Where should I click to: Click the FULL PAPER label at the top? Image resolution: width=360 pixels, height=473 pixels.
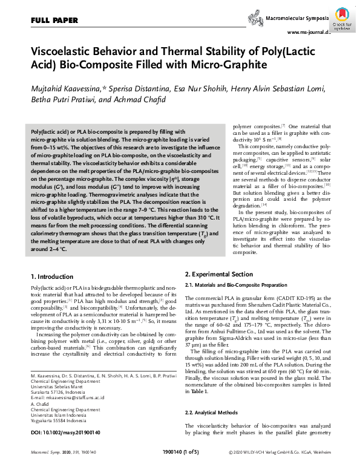(x=50, y=20)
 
